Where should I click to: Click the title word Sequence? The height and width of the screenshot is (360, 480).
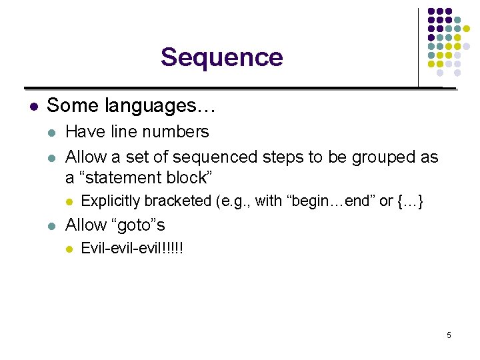(221, 57)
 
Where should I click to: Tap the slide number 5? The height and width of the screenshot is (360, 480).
(449, 335)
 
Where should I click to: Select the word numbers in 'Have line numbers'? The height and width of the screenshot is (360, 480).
(178, 132)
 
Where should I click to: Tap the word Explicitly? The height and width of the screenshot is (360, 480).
(109, 201)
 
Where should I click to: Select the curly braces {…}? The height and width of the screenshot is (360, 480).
(410, 201)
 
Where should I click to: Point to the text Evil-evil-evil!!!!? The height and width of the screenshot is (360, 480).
(132, 249)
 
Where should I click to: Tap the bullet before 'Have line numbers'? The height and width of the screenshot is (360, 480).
(52, 133)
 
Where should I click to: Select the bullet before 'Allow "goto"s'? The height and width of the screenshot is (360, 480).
(52, 226)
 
